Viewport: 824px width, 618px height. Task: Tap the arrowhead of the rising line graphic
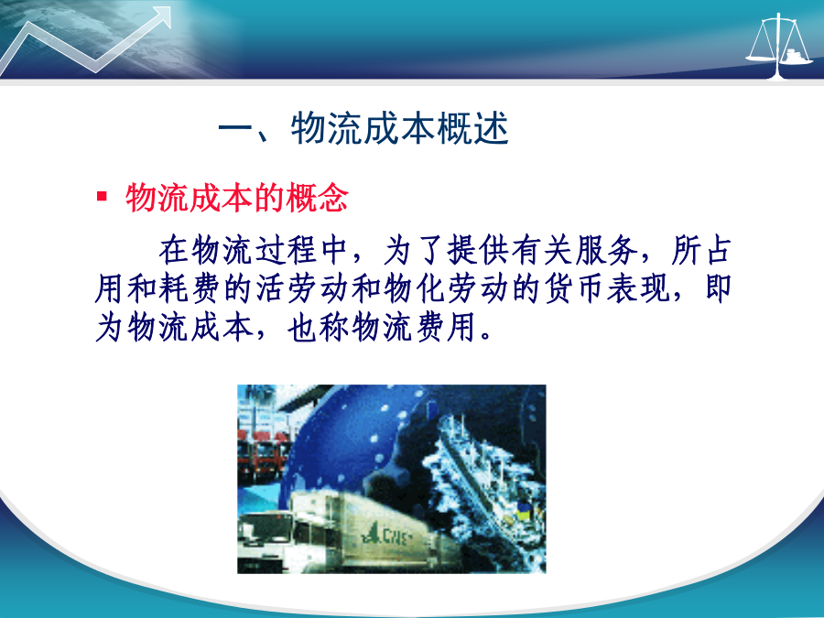(x=162, y=16)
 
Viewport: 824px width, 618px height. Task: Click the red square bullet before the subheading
(x=102, y=197)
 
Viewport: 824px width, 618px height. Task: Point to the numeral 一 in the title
(x=235, y=127)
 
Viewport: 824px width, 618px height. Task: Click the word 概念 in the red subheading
(x=317, y=198)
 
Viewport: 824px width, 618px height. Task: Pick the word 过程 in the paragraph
(x=286, y=250)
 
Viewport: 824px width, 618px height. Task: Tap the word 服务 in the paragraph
(x=606, y=250)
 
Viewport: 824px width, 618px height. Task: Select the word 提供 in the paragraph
(x=478, y=250)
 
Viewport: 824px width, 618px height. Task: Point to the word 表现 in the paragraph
(x=638, y=288)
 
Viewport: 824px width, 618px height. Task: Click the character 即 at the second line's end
(x=717, y=288)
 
